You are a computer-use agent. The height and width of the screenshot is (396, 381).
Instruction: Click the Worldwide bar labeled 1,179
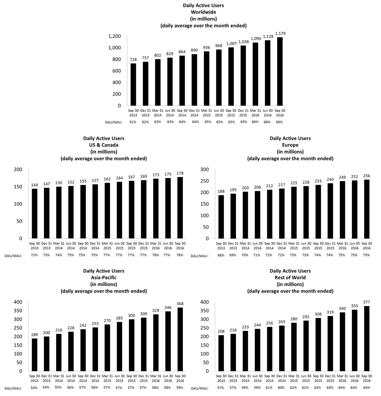pos(280,72)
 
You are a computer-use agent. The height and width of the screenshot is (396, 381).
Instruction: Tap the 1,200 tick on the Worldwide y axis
pos(114,36)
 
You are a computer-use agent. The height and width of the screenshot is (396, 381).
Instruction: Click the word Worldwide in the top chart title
pos(203,12)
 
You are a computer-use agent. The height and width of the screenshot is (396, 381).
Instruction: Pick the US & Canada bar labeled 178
pos(180,208)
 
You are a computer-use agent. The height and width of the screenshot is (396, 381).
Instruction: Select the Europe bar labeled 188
pos(221,217)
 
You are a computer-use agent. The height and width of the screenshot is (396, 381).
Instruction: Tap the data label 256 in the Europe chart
pos(367,176)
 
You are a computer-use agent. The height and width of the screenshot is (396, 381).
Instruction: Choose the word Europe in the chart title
pos(290,145)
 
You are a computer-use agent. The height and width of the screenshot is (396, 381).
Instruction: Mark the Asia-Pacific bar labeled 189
pos(34,355)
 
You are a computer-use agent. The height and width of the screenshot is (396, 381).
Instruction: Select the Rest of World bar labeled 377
pos(367,339)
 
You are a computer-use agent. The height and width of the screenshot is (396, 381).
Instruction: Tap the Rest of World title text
pos(290,277)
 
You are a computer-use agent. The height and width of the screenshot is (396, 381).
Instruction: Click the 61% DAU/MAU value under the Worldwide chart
pos(133,122)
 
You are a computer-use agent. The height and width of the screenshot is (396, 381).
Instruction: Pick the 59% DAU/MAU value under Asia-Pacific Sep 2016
pos(180,387)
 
